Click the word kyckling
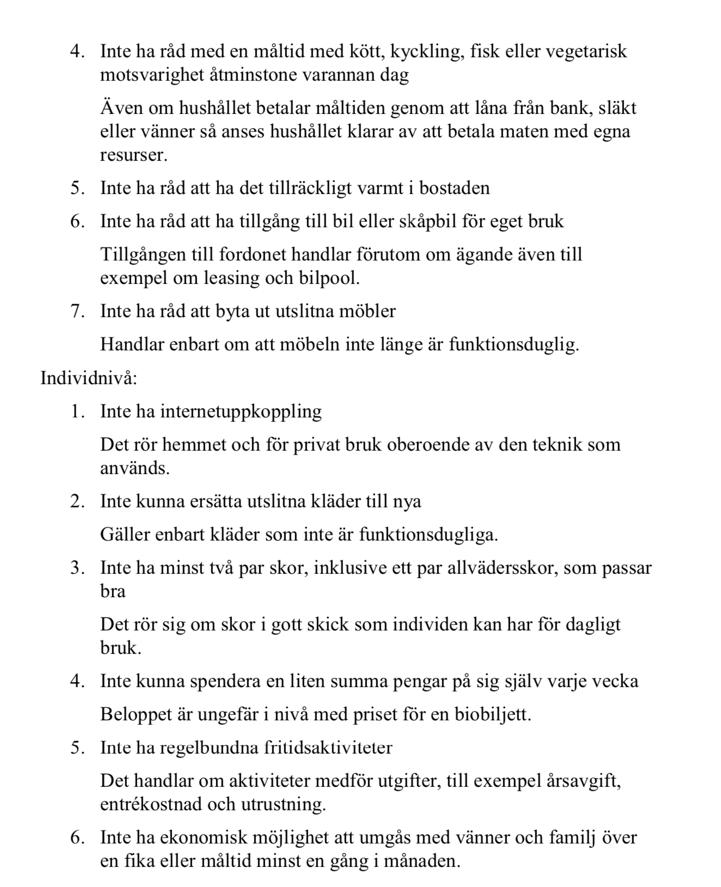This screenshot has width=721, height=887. coord(417,51)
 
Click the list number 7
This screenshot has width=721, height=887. coord(77,311)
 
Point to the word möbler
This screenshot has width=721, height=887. coord(368,311)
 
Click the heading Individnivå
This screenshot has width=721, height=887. coord(89,378)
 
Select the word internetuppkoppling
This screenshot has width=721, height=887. coord(241,411)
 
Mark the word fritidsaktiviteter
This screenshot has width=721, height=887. coord(328,747)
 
